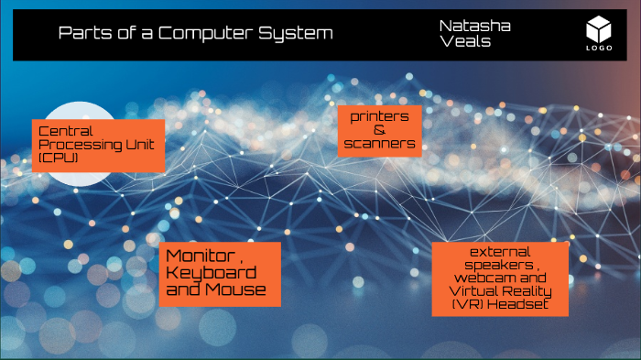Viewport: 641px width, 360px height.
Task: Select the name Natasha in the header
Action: [x=474, y=26]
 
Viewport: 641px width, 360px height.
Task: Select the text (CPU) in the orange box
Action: [x=60, y=158]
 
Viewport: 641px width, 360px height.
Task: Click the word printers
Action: [x=380, y=116]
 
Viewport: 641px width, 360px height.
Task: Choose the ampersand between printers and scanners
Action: [x=380, y=130]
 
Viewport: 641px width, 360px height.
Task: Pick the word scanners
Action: [x=380, y=144]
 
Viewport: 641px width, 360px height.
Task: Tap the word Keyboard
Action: [x=211, y=273]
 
